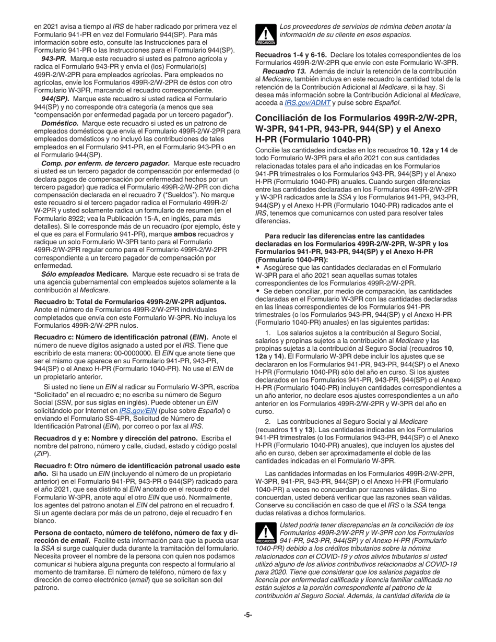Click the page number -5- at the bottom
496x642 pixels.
247,614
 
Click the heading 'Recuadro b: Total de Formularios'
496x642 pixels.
130,301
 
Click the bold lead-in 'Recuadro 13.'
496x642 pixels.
285,71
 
